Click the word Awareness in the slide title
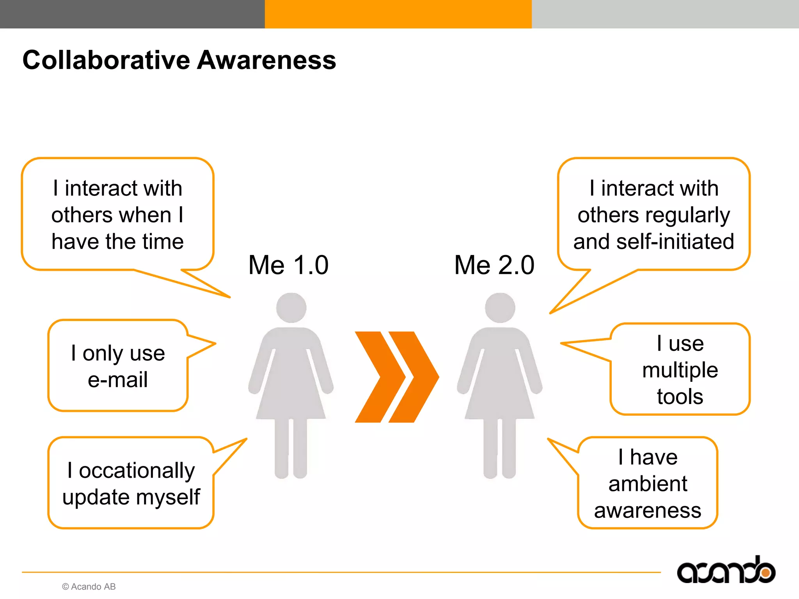[266, 60]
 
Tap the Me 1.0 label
[288, 265]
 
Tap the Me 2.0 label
[494, 265]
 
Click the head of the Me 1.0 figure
[291, 308]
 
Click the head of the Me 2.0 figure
[500, 308]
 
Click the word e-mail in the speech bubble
[118, 380]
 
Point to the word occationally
[137, 470]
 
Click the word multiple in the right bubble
[680, 370]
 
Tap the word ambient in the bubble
[648, 484]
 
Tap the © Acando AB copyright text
[89, 587]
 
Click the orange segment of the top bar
[398, 14]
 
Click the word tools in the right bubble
[680, 397]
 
